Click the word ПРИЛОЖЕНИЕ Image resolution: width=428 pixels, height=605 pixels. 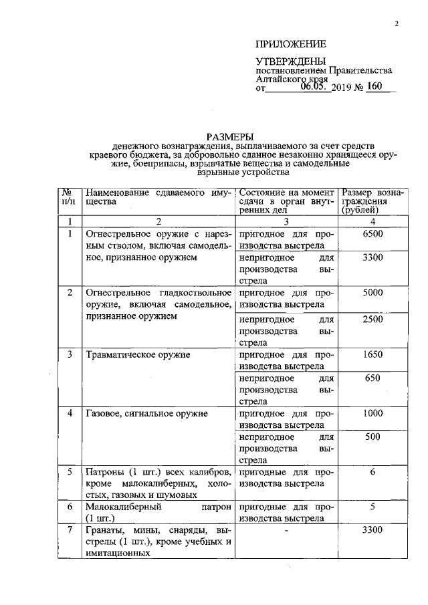tap(290, 44)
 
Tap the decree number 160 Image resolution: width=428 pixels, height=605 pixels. tap(379, 87)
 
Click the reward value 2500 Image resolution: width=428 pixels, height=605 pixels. tap(372, 320)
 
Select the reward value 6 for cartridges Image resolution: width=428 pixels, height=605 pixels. tap(372, 472)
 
